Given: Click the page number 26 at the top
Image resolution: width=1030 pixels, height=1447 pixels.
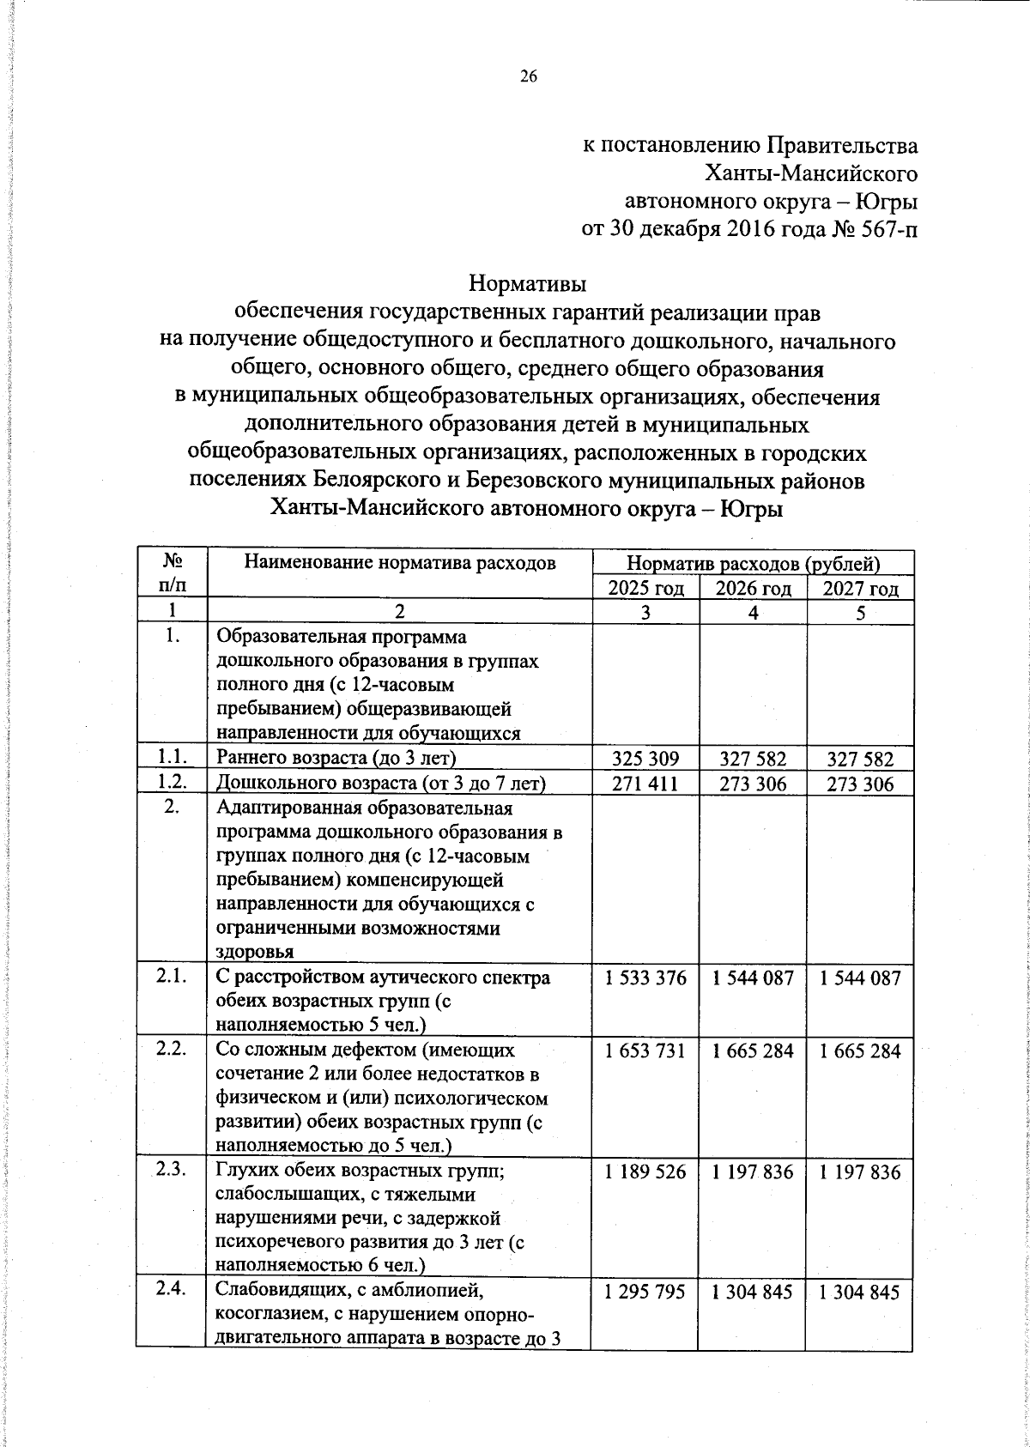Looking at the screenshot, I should coord(528,77).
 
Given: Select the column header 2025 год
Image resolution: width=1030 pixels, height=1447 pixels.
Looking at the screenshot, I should coord(646,588).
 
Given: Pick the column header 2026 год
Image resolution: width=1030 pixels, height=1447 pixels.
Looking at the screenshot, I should coord(754,588).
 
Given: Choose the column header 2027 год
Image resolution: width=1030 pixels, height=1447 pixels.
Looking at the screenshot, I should coord(861,588).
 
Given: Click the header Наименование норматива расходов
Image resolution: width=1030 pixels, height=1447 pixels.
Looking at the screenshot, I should coord(400,563).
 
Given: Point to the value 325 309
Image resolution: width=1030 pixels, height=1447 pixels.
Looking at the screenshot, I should coord(645,759).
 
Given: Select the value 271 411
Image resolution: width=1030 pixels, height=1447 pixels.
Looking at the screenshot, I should coord(645,784).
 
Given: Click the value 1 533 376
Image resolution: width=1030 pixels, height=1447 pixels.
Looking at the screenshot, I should coord(645,978).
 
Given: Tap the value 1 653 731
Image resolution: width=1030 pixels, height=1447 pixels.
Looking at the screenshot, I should coord(645,1050).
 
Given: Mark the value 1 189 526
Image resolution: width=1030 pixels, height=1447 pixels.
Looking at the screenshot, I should coord(645,1172).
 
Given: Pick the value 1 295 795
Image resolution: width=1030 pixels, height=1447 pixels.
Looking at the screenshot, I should coord(645,1292).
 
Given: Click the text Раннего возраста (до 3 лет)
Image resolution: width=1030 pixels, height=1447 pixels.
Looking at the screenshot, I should coord(336,758).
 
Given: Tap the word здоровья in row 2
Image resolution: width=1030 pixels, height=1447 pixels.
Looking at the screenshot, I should coord(254,952).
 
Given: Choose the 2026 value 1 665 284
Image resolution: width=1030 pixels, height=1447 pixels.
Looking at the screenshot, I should coord(754,1050).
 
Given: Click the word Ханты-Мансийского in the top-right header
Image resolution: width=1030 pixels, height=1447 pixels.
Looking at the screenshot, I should coord(811,174).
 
